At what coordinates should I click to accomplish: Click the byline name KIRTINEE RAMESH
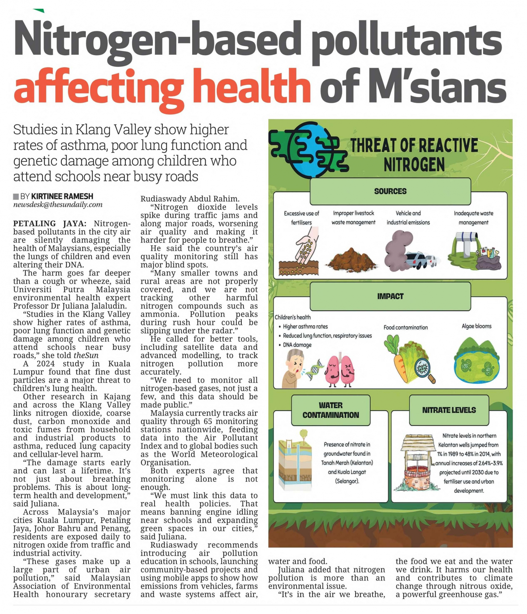62,196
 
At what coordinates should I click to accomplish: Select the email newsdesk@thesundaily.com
58,205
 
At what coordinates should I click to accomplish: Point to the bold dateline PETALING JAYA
50,224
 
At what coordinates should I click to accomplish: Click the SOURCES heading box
390,191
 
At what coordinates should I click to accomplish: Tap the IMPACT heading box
390,296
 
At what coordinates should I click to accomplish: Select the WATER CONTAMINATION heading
331,410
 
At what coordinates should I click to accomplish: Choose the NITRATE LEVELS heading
449,410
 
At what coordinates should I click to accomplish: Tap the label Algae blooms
476,326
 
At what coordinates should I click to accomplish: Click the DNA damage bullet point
297,345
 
